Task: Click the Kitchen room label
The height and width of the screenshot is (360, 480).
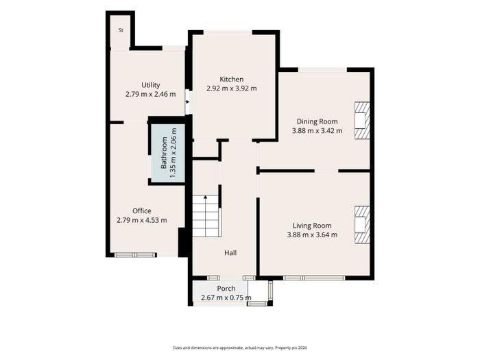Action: click(x=232, y=80)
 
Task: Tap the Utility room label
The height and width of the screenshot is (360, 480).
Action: click(x=151, y=85)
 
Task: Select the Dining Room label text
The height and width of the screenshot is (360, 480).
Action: click(x=317, y=121)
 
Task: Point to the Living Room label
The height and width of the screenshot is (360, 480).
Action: click(x=312, y=226)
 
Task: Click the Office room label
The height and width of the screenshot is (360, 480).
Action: click(x=142, y=211)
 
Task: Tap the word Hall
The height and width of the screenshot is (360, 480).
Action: click(x=230, y=253)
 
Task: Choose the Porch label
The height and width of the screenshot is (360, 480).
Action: click(x=226, y=289)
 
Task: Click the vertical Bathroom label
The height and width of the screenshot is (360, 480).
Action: click(x=164, y=153)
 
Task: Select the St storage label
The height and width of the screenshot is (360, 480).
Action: click(x=121, y=30)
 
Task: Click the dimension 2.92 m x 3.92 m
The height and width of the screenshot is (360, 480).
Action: click(x=232, y=88)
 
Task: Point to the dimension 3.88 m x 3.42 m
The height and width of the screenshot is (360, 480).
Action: click(x=317, y=131)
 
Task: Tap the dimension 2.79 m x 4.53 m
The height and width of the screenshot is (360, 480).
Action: click(x=142, y=220)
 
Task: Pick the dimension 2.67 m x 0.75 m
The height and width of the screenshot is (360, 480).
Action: click(x=226, y=298)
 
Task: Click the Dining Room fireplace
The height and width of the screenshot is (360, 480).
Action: click(x=362, y=121)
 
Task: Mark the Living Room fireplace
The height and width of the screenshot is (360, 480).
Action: click(x=362, y=225)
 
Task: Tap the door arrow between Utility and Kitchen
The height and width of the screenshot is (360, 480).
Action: click(x=188, y=101)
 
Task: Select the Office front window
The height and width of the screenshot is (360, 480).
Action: click(x=135, y=255)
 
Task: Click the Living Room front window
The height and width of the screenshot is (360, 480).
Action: click(x=314, y=278)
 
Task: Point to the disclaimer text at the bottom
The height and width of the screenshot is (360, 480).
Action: click(x=240, y=348)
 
